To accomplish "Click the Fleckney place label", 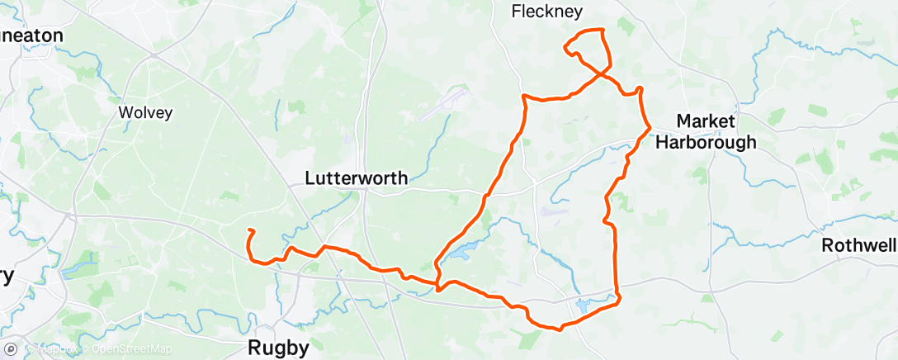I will (546, 12).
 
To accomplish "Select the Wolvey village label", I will (145, 112).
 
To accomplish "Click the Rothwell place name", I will (858, 246).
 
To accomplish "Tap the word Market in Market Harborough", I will (706, 121).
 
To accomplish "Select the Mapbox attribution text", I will (56, 350).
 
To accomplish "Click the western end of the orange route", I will (248, 230).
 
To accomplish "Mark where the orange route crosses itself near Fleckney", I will (600, 73).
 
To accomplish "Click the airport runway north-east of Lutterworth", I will (444, 104).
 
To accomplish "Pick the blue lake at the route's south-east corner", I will (585, 306).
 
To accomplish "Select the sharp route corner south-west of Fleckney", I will (523, 97).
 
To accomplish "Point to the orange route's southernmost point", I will (560, 329).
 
